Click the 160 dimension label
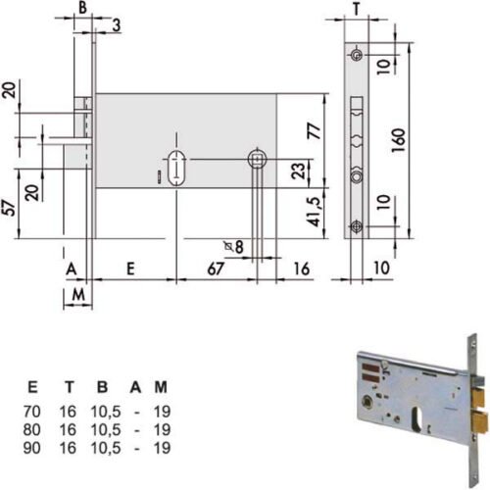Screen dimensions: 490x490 (x=398, y=140)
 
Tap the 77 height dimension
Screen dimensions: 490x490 (x=315, y=131)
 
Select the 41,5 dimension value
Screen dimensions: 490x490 (x=315, y=212)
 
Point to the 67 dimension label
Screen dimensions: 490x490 (x=216, y=269)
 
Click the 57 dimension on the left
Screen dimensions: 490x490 (x=9, y=208)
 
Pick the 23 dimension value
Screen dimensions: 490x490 (x=298, y=171)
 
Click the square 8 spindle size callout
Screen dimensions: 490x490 (x=234, y=246)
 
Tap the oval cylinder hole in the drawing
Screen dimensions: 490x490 (x=176, y=168)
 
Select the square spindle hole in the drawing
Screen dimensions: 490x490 (x=258, y=160)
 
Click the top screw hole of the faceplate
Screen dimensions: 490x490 (x=357, y=55)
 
